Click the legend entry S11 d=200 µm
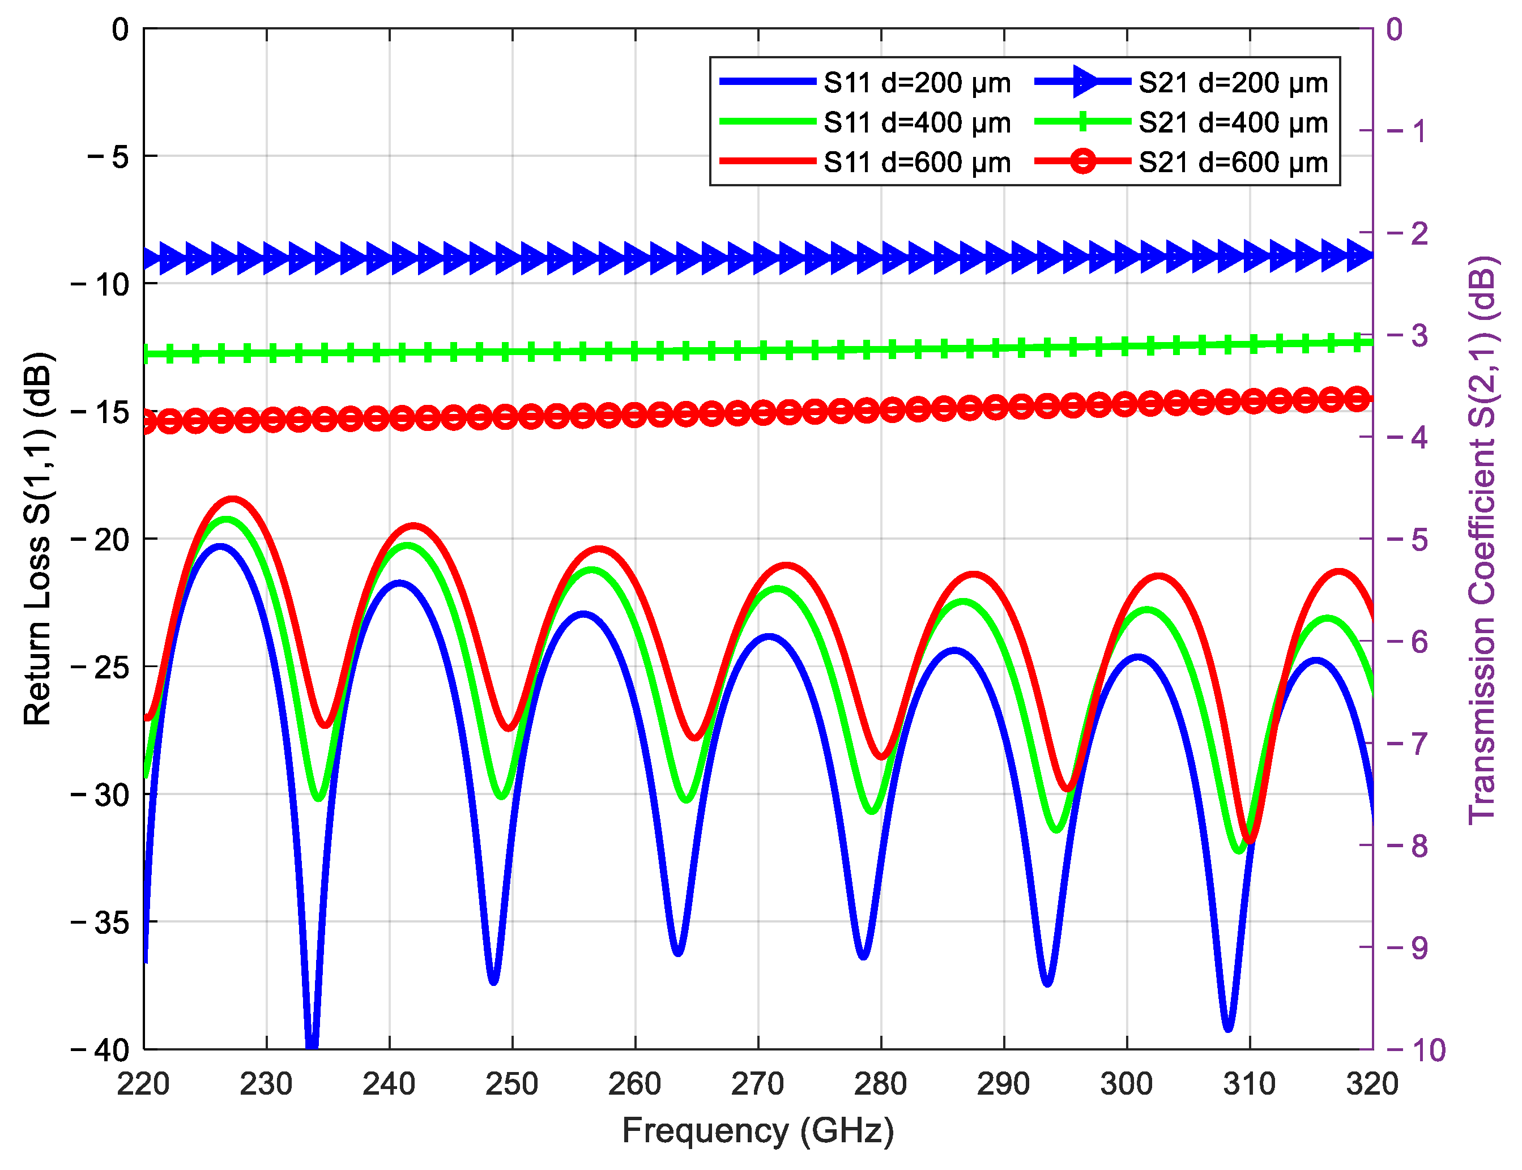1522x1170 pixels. [x=916, y=83]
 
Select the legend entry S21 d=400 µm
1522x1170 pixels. [x=1233, y=122]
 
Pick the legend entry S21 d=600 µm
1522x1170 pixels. [x=1233, y=163]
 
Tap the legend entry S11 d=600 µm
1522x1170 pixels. [x=916, y=163]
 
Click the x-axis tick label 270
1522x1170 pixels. [x=757, y=1084]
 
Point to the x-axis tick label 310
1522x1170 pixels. [x=1249, y=1084]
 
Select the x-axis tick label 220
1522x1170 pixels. [x=143, y=1084]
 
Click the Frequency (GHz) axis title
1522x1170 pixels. [x=758, y=1130]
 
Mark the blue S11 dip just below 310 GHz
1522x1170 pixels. [x=1228, y=1027]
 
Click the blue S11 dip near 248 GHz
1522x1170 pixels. [x=493, y=981]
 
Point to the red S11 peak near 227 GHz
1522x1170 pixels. [x=232, y=499]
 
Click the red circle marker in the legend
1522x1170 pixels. [x=1082, y=161]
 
